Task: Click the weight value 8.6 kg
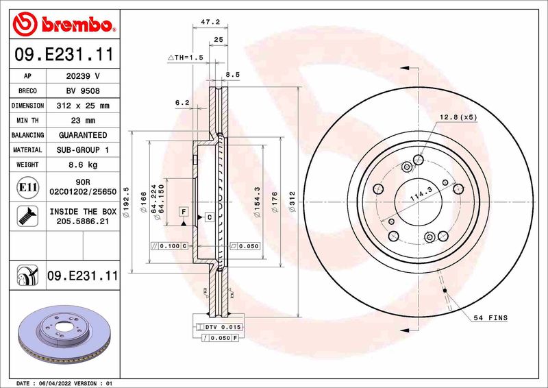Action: coord(83,165)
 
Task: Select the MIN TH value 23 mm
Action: coord(83,121)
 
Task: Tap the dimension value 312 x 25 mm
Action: coord(83,106)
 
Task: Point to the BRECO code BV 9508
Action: coord(83,91)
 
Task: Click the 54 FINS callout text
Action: coord(490,318)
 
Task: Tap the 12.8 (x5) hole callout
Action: coord(458,118)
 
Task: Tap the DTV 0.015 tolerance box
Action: coord(223,328)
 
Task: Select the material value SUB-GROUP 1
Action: coord(83,150)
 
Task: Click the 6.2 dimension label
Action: coord(182,102)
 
